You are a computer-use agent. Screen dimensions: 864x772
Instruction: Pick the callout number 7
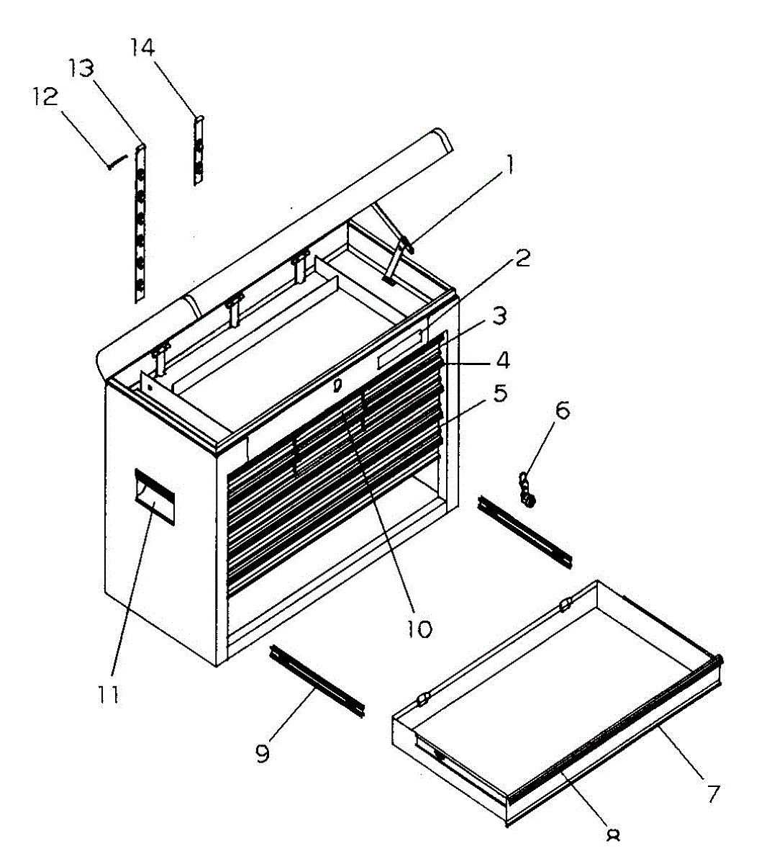pos(712,793)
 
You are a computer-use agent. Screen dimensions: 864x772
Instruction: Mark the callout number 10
pos(419,629)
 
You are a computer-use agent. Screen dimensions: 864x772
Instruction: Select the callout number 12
pos(46,96)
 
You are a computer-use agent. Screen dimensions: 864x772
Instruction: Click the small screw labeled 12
pos(117,161)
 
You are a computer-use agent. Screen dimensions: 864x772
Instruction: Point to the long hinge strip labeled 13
pos(141,223)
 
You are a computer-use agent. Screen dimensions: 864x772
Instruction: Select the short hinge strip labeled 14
pos(199,151)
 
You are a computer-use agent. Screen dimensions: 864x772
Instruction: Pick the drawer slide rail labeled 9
pos(317,680)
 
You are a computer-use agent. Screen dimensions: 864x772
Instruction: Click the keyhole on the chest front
pos(337,386)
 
